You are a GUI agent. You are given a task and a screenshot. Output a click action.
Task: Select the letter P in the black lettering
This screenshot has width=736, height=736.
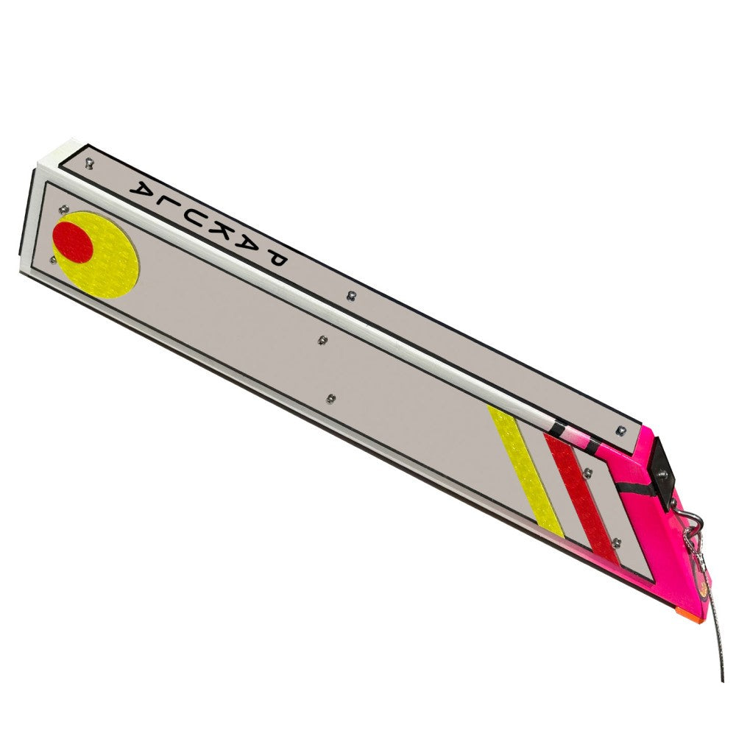click(275, 260)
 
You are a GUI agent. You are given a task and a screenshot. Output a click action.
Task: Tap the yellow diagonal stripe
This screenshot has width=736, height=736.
click(526, 471)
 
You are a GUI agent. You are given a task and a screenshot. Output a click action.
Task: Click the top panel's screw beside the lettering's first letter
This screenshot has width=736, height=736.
click(90, 164)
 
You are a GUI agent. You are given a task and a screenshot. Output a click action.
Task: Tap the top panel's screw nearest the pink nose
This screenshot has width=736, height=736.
click(621, 429)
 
